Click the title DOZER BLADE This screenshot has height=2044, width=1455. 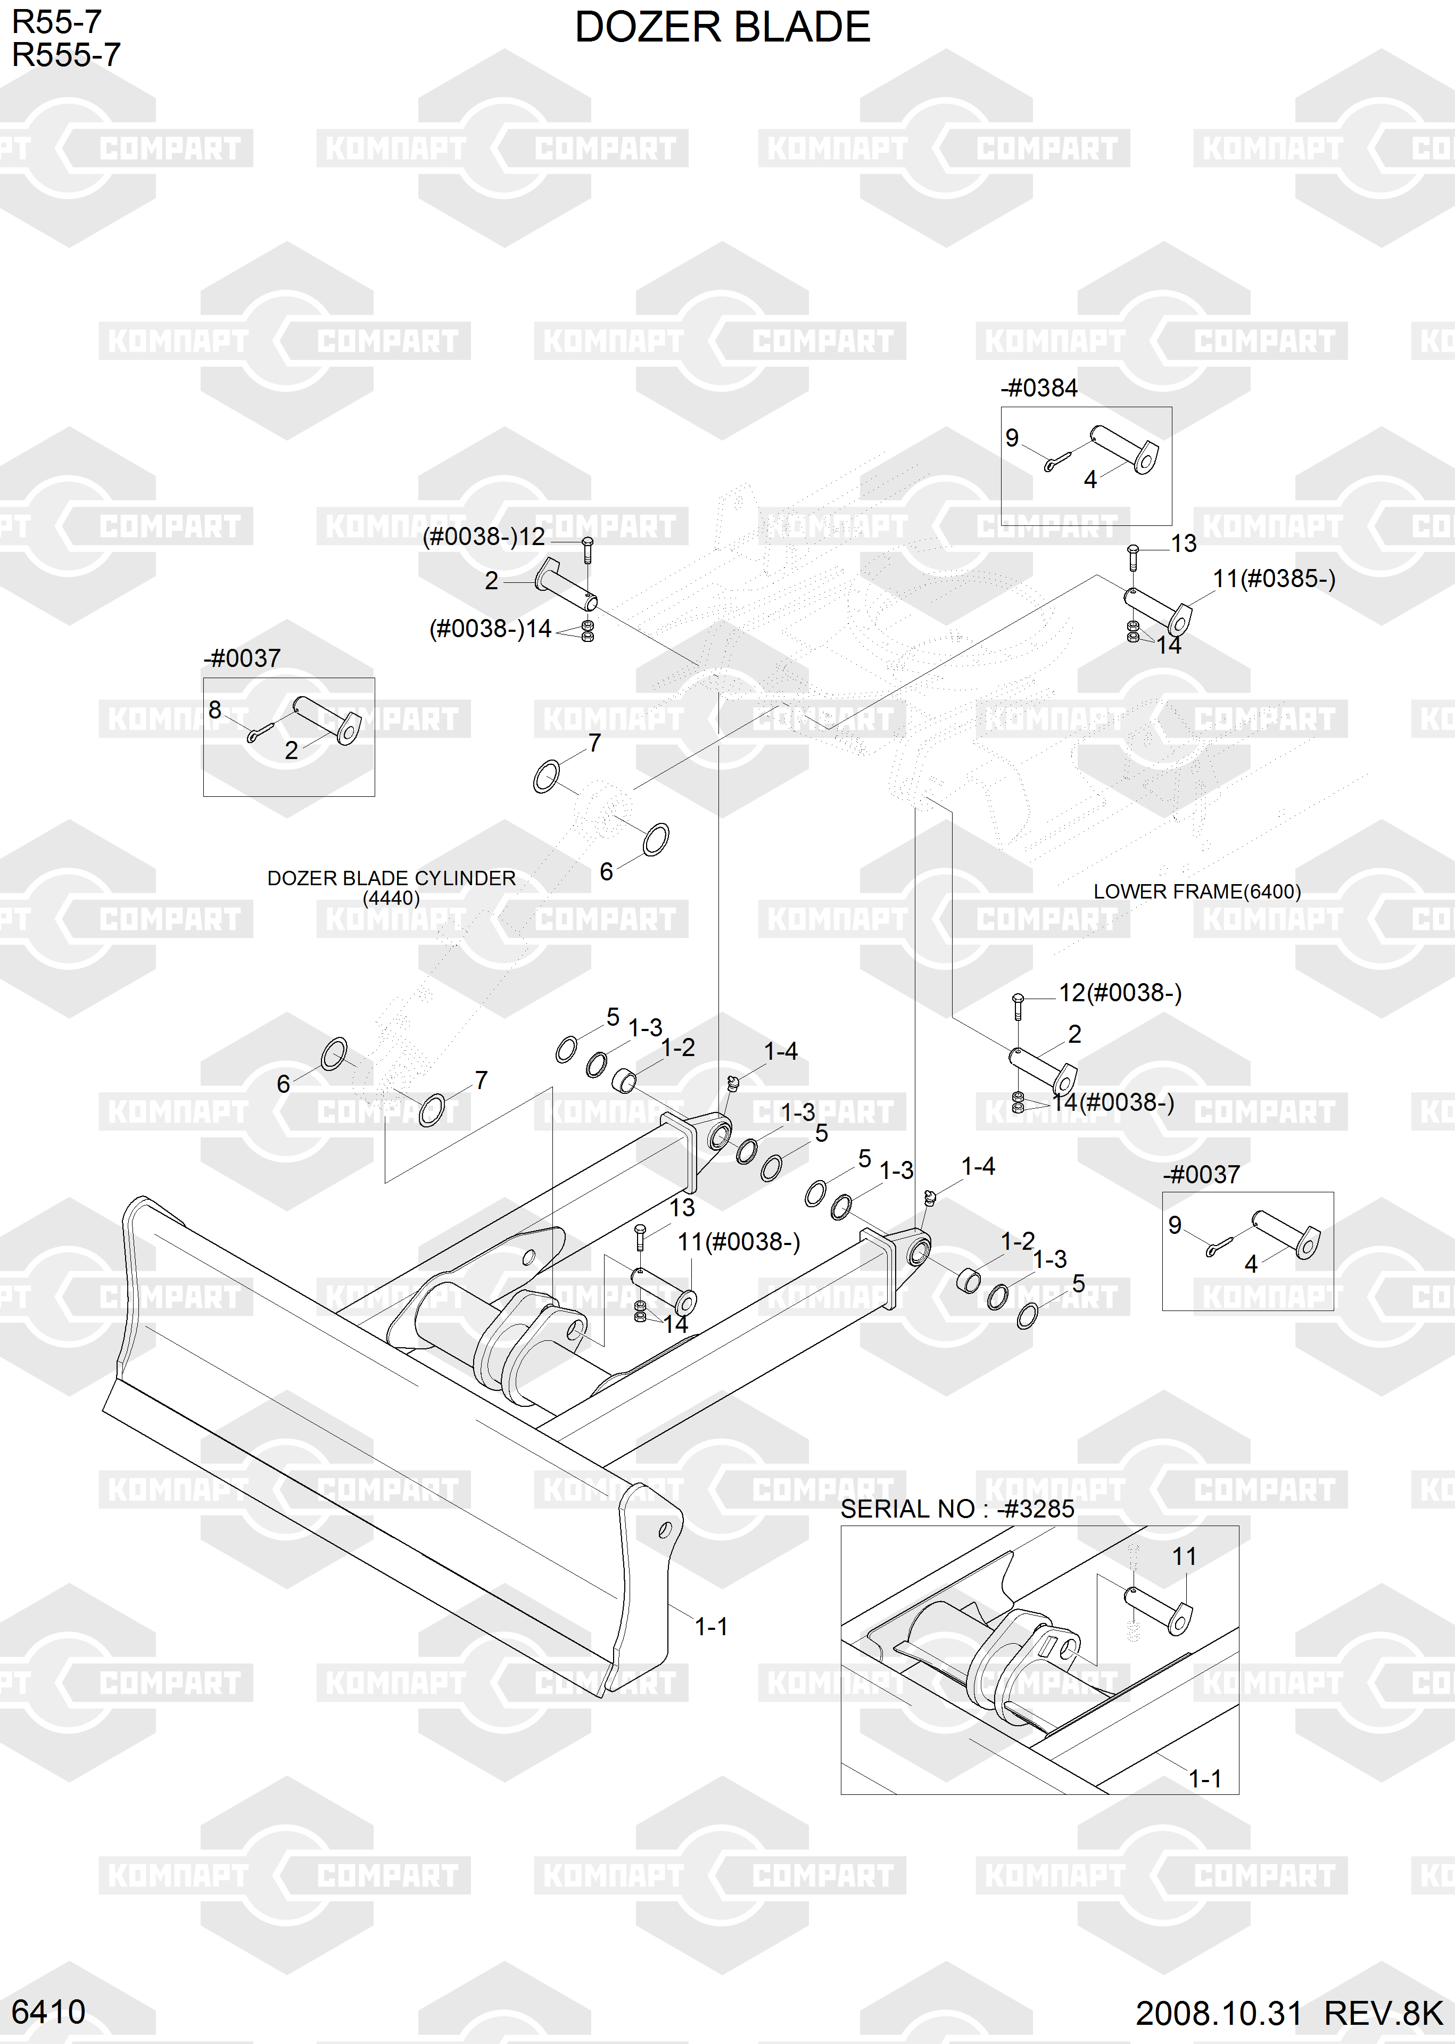(722, 28)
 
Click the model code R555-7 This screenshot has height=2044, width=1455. (65, 55)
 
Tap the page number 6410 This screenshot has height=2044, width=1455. (48, 2012)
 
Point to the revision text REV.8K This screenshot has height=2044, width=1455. (1383, 2013)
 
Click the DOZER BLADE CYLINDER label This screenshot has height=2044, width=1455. (392, 879)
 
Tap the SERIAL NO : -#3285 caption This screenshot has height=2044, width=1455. (957, 1508)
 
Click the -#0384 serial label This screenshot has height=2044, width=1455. (1039, 388)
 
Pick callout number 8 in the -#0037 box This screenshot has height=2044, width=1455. (215, 710)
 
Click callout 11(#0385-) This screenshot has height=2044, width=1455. (1273, 579)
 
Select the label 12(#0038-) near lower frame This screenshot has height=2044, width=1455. (1120, 993)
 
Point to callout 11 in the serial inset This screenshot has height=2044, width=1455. (1184, 1556)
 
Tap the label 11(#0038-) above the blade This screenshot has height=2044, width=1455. (738, 1242)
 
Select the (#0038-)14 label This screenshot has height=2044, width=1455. (490, 629)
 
